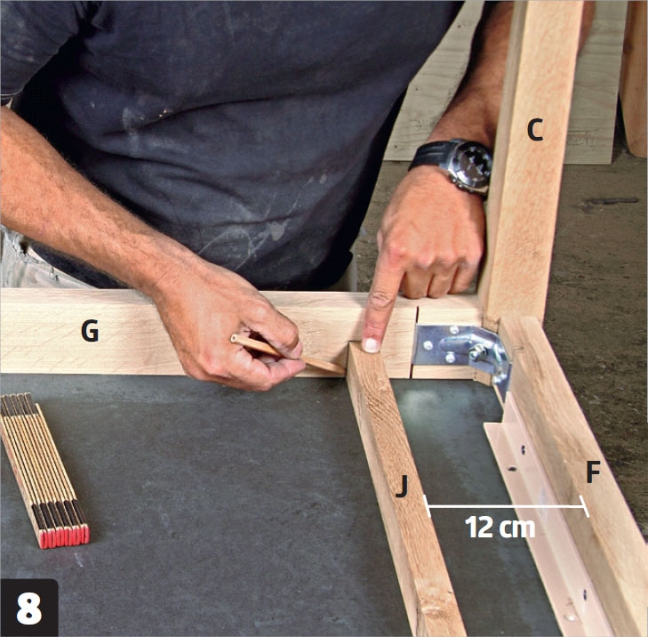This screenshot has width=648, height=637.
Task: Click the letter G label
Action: pyautogui.click(x=90, y=331)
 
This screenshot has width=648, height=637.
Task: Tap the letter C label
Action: pyautogui.click(x=535, y=130)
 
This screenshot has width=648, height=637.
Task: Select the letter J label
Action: pyautogui.click(x=402, y=486)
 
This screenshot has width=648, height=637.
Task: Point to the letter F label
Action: pyautogui.click(x=593, y=472)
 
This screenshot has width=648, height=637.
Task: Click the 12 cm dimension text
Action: pyautogui.click(x=500, y=527)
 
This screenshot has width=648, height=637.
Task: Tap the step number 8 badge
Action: pyautogui.click(x=29, y=609)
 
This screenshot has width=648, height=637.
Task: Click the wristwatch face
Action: pyautogui.click(x=471, y=164)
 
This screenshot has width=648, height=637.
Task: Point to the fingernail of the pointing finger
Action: pyautogui.click(x=371, y=345)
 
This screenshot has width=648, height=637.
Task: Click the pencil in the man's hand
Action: pyautogui.click(x=288, y=353)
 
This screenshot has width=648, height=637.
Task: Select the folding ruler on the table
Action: pyautogui.click(x=44, y=469)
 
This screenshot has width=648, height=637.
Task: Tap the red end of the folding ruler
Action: pyautogui.click(x=65, y=536)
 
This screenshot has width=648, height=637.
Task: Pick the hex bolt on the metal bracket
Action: pyautogui.click(x=477, y=352)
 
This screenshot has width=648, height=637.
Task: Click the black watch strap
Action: pyautogui.click(x=426, y=155)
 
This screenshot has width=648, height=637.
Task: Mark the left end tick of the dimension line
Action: pyautogui.click(x=428, y=506)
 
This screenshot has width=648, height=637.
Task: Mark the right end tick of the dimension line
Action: pyautogui.click(x=584, y=506)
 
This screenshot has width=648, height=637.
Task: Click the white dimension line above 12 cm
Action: pyautogui.click(x=506, y=506)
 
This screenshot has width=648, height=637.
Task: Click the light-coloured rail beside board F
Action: pyautogui.click(x=549, y=517)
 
